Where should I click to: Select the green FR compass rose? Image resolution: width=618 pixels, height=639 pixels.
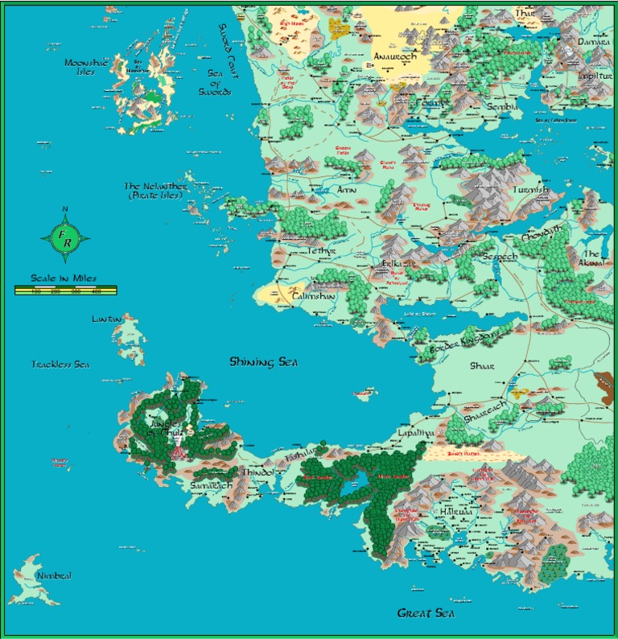(x=65, y=238)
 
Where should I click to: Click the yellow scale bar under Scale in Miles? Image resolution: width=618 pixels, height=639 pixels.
(x=65, y=291)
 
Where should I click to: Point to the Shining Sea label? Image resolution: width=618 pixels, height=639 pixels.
(x=263, y=362)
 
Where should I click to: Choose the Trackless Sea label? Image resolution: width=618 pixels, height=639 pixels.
(x=60, y=365)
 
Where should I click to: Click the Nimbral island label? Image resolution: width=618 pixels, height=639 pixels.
(x=54, y=576)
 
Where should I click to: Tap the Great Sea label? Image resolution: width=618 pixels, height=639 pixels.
(x=426, y=613)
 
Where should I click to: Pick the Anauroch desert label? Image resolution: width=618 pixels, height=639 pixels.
(x=393, y=57)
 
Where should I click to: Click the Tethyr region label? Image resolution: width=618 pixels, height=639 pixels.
(x=321, y=251)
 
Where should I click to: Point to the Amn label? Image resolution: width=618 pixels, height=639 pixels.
(x=346, y=190)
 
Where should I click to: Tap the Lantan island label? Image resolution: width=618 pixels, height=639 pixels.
(x=107, y=319)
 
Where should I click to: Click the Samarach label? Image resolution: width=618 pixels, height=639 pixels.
(x=212, y=486)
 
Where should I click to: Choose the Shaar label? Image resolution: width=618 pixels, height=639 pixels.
(x=482, y=365)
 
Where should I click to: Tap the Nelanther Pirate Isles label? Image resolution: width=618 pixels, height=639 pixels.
(x=155, y=191)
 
